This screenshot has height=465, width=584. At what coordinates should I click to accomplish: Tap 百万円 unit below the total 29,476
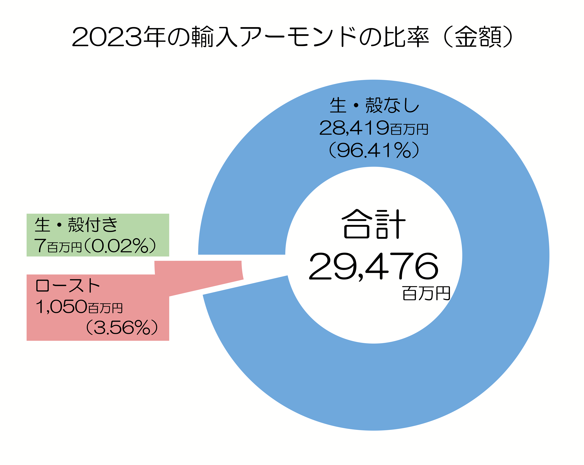point(426,294)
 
